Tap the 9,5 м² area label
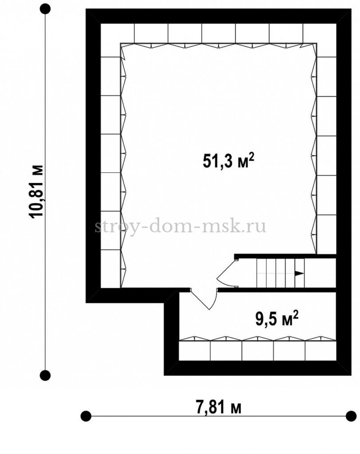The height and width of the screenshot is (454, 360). tap(277, 319)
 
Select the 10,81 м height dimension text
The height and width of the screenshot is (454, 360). tap(36, 191)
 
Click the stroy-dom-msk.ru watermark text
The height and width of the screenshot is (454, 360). tap(180, 227)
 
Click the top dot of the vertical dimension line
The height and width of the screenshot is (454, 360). tap(45, 9)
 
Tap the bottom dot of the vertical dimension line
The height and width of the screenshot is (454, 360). tap(45, 376)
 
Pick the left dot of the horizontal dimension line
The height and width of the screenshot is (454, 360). tap(86, 416)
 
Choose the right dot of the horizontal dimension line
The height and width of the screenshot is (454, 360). tap(351, 416)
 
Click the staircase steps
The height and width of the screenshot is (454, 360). tap(280, 273)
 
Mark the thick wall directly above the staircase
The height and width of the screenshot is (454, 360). tap(285, 256)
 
